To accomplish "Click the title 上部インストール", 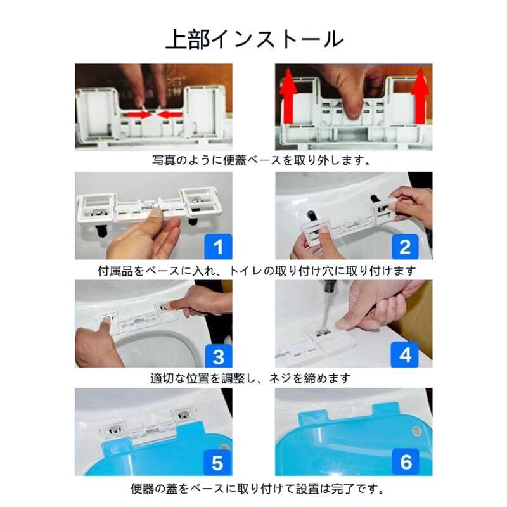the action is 255,39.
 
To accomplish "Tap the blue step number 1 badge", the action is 218,247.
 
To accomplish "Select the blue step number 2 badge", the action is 405,247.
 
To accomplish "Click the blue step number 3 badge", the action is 218,356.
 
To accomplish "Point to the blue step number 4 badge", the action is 405,355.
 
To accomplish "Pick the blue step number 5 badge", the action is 217,463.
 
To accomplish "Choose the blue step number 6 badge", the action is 406,462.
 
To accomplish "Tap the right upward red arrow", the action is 420,96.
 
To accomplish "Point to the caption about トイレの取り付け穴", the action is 257,271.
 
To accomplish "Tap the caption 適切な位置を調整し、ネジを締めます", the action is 250,378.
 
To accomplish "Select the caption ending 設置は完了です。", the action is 257,489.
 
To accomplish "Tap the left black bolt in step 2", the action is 311,215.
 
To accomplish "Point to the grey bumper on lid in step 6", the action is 416,431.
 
